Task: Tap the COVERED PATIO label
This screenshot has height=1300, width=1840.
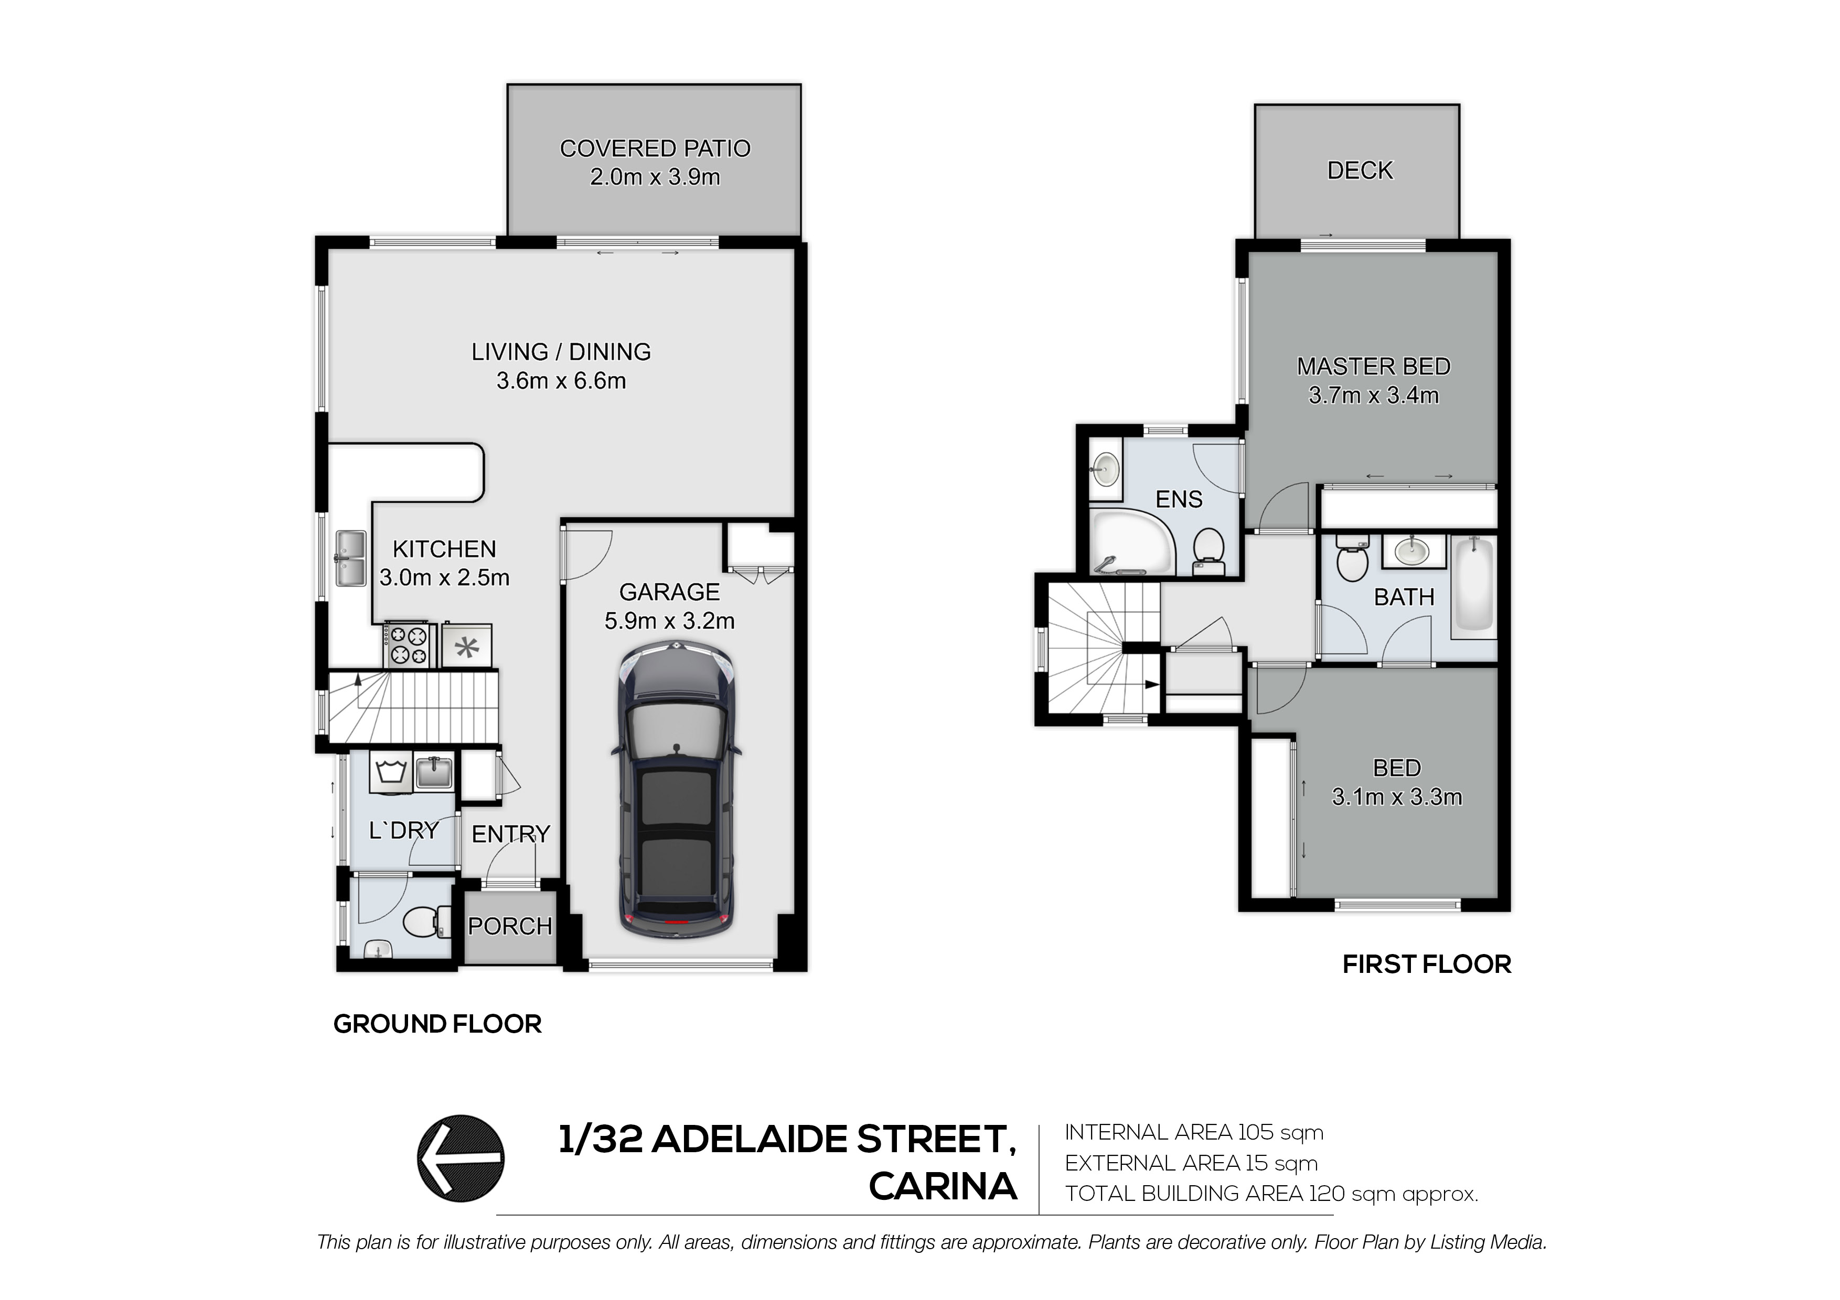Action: [x=655, y=149]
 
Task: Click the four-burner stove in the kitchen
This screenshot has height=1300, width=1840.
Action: [x=409, y=646]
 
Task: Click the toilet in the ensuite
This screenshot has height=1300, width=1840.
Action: [x=1208, y=552]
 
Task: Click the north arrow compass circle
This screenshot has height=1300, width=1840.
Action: [x=461, y=1158]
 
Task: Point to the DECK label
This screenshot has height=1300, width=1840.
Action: [x=1360, y=170]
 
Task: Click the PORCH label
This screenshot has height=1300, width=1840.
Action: [x=510, y=927]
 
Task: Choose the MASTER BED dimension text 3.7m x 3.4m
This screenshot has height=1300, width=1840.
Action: [x=1374, y=396]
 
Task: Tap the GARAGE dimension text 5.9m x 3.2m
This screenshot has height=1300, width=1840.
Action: [x=669, y=621]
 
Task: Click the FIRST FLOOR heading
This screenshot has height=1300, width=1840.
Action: [x=1427, y=965]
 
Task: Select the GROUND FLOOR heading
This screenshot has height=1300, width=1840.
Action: [x=437, y=1024]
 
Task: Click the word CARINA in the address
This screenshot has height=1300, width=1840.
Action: [x=943, y=1187]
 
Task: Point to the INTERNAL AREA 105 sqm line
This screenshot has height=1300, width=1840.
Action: [x=1194, y=1133]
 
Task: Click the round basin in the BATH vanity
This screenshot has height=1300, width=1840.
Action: [x=1414, y=550]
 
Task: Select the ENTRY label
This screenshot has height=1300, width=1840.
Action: [x=510, y=835]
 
